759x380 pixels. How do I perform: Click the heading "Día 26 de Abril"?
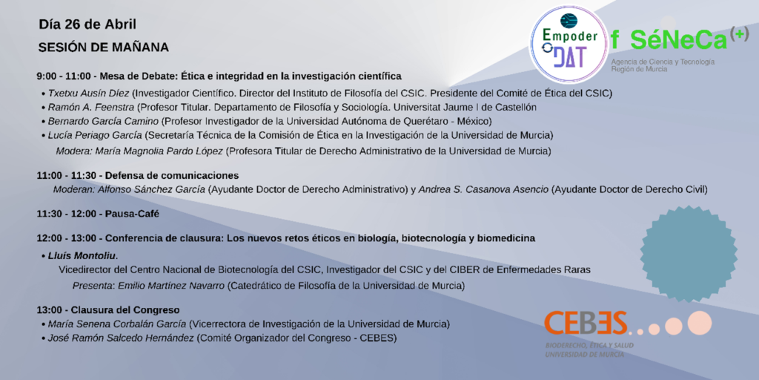point(87,24)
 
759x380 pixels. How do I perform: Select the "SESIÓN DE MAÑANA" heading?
point(104,47)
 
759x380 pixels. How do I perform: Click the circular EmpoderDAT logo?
point(569,44)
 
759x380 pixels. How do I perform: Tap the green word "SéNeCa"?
point(679,40)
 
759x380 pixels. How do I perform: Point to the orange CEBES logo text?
point(586,323)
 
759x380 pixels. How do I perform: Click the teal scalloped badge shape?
point(689,254)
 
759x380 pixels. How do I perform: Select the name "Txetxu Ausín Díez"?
point(89,93)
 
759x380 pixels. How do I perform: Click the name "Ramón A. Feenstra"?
point(90,107)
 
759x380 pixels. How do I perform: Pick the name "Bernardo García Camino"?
point(103,121)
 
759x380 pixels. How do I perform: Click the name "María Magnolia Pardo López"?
point(159,151)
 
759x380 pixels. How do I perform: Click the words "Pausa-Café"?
point(132,214)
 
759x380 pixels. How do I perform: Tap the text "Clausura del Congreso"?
point(125,309)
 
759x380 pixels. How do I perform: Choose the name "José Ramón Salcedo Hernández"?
point(121,338)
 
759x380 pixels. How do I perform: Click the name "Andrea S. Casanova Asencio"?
point(484,189)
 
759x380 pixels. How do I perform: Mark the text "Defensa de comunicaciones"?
point(172,175)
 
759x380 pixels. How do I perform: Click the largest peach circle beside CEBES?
point(700,323)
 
